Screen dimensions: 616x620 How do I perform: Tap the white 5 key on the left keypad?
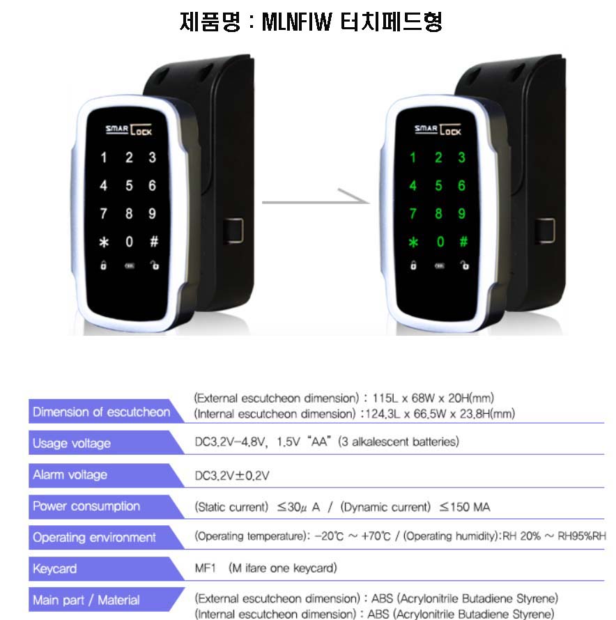[129, 185]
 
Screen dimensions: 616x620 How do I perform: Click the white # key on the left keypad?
[154, 241]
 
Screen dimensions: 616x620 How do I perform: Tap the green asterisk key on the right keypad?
[413, 242]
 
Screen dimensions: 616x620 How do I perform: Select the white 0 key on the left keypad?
[129, 242]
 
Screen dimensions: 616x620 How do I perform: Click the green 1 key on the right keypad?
[413, 157]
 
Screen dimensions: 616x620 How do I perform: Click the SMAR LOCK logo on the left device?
[129, 130]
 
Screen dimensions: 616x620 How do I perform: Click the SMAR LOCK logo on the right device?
[438, 130]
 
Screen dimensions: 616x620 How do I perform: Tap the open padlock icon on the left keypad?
[154, 265]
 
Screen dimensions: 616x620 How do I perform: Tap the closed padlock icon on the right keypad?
[413, 265]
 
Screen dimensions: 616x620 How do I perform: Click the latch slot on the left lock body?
[233, 231]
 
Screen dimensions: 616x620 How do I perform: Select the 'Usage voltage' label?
[72, 443]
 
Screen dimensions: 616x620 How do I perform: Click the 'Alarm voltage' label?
[70, 474]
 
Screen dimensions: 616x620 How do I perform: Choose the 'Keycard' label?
[54, 568]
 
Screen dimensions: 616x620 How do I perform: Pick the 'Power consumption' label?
[86, 506]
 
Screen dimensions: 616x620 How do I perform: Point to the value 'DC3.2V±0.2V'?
[232, 475]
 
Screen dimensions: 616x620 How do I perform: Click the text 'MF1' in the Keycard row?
[206, 568]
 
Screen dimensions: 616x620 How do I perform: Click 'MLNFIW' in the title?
[297, 22]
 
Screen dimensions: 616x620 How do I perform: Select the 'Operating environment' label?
[94, 537]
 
